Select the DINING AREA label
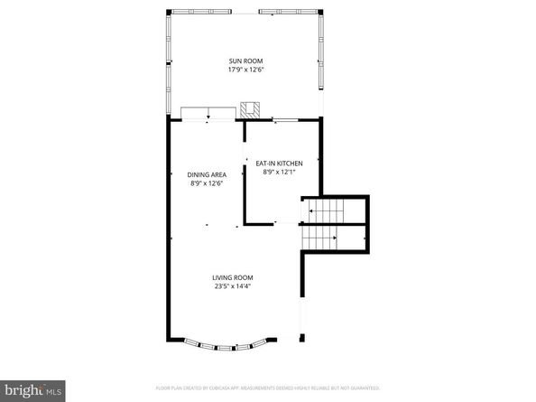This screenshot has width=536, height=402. point(207,174)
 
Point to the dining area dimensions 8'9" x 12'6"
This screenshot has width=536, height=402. point(207,182)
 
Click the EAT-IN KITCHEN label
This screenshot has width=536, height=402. point(278,163)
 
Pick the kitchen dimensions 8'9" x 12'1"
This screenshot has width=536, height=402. point(278,171)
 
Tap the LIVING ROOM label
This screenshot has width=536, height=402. point(233,278)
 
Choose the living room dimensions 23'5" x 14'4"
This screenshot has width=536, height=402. point(233,286)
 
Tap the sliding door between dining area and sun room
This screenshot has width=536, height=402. point(208,113)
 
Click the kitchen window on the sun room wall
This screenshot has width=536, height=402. point(287,119)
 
